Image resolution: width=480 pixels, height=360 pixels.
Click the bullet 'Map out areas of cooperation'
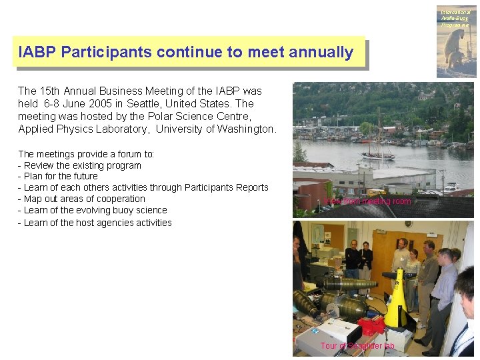pyautogui.click(x=83, y=199)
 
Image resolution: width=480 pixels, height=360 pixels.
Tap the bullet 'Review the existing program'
pyautogui.click(x=82, y=165)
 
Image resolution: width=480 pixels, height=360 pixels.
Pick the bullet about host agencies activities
pyautogui.click(x=97, y=223)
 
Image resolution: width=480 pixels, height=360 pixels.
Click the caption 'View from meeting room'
pyautogui.click(x=369, y=201)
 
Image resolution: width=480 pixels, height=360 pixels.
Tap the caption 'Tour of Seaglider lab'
pyautogui.click(x=357, y=345)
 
